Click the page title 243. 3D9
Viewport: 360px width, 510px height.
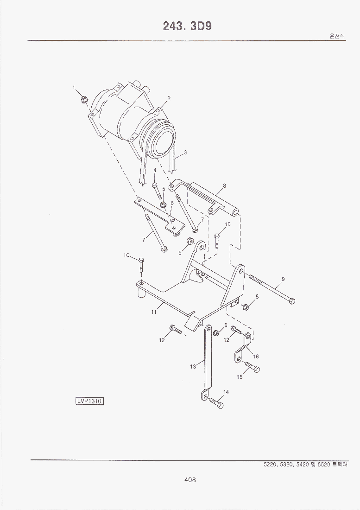[x=187, y=26]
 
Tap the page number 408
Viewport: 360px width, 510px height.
[x=189, y=480]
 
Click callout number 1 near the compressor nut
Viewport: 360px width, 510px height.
[x=74, y=87]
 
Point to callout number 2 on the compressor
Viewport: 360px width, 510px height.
[x=169, y=98]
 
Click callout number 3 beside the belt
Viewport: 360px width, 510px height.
[x=185, y=152]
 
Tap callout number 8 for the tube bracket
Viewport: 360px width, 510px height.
[x=224, y=186]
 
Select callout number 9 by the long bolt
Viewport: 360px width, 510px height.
[x=283, y=279]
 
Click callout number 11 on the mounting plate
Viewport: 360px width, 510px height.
[x=153, y=312]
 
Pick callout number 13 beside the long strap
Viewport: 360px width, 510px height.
[x=193, y=366]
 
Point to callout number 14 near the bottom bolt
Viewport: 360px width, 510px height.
[x=226, y=392]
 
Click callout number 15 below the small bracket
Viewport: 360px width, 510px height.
[x=240, y=377]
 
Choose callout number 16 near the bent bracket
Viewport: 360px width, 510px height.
[x=256, y=357]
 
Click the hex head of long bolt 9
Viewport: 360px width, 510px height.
[x=292, y=301]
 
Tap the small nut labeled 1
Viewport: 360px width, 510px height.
[x=84, y=99]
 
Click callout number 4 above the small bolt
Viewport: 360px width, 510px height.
[x=155, y=170]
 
